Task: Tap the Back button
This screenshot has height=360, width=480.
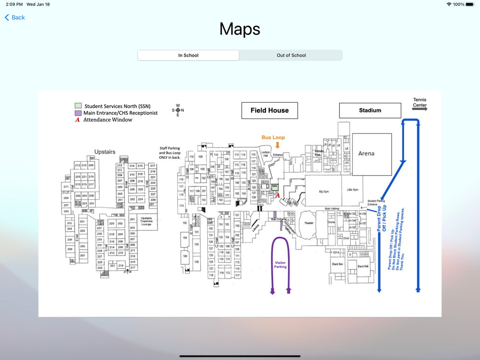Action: pos(15,17)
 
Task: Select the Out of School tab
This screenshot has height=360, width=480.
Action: pos(291,55)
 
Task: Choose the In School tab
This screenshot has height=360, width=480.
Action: pos(188,55)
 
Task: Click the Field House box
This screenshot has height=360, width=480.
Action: pos(269,110)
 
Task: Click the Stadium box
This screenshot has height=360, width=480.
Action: pos(370,110)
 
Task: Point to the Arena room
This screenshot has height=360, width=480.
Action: pos(366,154)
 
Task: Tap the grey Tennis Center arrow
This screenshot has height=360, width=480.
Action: pos(420,109)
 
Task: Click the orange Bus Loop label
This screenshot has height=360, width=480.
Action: pos(273,138)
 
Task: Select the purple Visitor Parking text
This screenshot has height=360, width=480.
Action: pos(280,264)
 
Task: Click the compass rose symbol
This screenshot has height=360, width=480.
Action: pos(178,110)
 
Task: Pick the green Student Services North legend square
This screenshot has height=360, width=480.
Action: pos(78,106)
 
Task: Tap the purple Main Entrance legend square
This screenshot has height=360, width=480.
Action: pos(78,113)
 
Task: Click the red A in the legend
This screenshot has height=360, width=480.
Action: pos(77,120)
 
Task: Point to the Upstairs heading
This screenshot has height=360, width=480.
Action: pos(105,152)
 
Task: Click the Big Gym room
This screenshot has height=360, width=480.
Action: pos(324,191)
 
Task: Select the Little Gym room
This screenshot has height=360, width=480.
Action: pos(352,190)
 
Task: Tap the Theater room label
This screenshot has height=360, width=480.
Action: pos(309,223)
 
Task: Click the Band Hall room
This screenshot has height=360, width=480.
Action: pos(363,266)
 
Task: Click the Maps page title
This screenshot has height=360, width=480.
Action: pos(240,29)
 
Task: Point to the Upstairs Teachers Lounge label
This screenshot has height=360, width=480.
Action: pos(146,221)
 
